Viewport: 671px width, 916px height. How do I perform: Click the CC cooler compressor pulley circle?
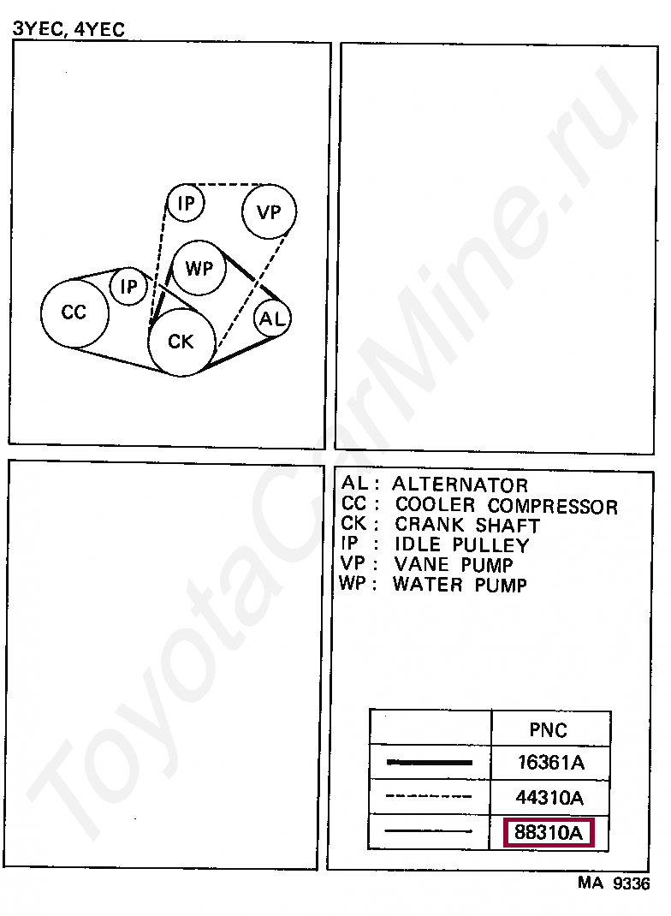75,313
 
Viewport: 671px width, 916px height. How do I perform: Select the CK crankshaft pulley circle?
181,342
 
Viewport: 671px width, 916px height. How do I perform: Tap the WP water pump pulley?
199,269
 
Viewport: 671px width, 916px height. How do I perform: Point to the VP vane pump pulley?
269,211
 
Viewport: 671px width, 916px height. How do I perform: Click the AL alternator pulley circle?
273,319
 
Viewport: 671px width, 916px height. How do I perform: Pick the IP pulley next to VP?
185,204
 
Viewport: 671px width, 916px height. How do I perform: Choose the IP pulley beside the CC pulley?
129,288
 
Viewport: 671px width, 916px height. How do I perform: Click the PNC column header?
548,730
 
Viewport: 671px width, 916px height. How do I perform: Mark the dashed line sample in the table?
429,797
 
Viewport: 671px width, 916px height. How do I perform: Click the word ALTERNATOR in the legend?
460,485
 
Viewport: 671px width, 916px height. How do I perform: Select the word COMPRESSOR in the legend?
552,506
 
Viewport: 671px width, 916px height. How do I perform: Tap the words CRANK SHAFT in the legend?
466,525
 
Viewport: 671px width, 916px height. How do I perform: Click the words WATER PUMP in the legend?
460,586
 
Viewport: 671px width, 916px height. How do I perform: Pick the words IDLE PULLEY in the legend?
461,545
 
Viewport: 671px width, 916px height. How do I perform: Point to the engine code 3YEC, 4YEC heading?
68,29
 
